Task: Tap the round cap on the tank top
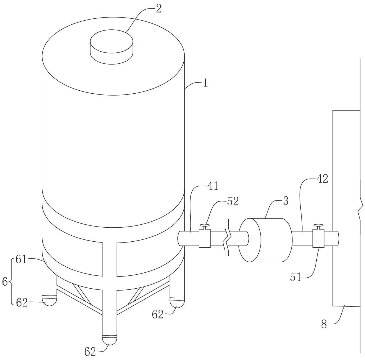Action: [x=111, y=47]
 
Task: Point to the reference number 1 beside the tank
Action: [x=206, y=83]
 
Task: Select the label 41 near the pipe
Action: [x=213, y=186]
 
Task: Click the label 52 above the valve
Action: [x=233, y=202]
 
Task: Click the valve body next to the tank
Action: [x=204, y=238]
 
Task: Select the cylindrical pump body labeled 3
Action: [x=264, y=240]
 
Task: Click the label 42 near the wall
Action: [x=322, y=179]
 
